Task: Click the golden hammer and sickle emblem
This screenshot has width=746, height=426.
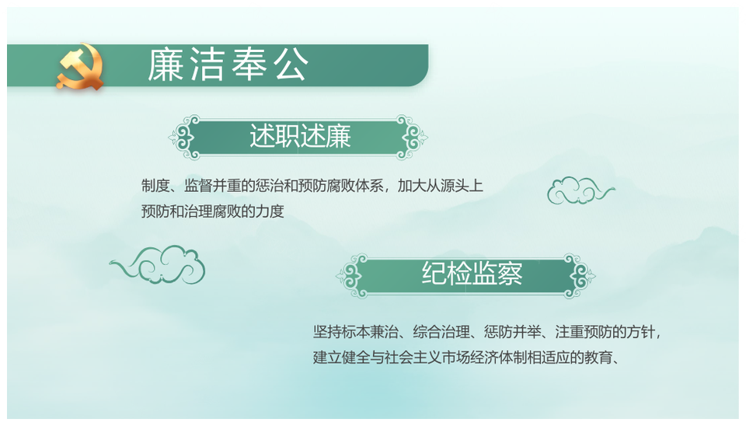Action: [79, 67]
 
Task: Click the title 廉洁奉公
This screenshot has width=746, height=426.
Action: [228, 65]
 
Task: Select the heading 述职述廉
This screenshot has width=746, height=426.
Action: [300, 137]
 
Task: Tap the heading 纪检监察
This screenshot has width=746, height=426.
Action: [472, 274]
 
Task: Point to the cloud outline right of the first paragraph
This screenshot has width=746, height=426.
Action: [580, 190]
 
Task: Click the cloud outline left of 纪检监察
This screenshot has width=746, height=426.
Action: [158, 265]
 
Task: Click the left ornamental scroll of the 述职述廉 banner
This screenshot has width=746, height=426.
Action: [185, 138]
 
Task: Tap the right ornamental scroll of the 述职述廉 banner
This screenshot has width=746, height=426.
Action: [412, 138]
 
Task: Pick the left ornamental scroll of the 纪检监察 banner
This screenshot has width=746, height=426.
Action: [353, 276]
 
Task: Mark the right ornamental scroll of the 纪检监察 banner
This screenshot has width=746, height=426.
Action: [580, 276]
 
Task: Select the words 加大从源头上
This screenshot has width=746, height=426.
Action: [441, 186]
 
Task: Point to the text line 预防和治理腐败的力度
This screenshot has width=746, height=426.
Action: [213, 211]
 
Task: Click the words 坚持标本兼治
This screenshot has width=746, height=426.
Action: [355, 332]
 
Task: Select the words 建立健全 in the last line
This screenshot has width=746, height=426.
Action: [341, 357]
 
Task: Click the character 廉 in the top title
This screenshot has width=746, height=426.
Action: [165, 65]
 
